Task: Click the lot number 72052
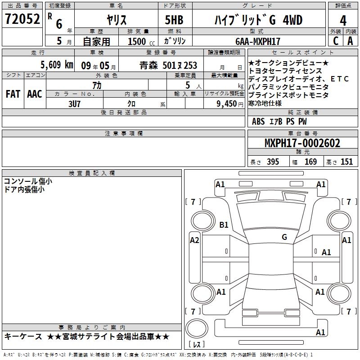click(x=22, y=19)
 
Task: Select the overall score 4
click(x=343, y=21)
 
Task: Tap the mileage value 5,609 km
click(x=57, y=65)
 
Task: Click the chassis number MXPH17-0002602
click(x=302, y=143)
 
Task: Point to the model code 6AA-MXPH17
click(x=258, y=41)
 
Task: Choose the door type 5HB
click(x=174, y=20)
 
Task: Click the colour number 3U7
click(x=74, y=104)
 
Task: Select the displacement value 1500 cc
click(x=141, y=41)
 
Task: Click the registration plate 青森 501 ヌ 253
click(x=168, y=65)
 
